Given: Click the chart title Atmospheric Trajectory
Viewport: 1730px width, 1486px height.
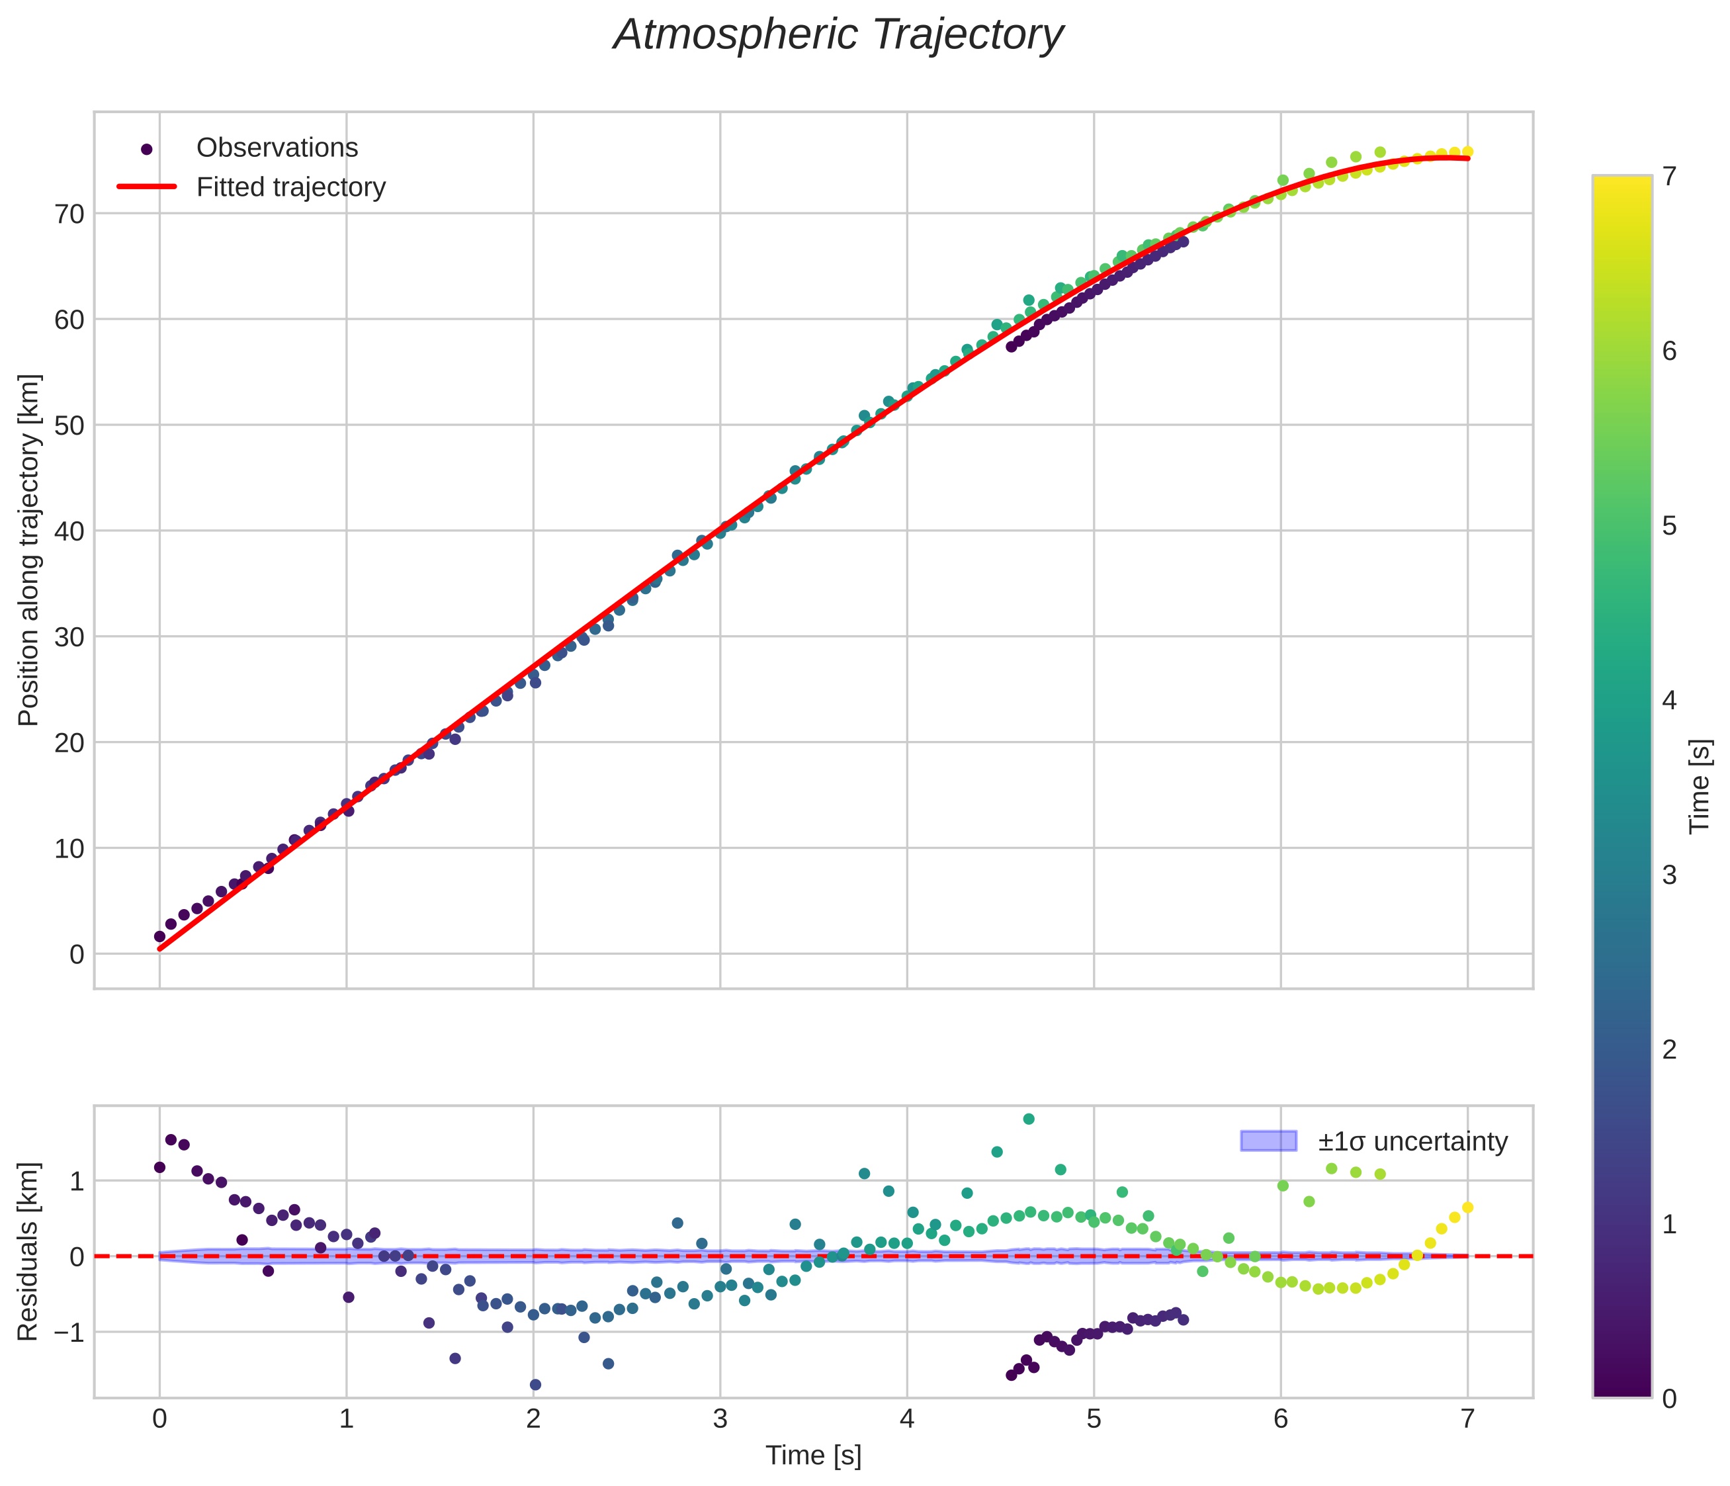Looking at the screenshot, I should pyautogui.click(x=838, y=35).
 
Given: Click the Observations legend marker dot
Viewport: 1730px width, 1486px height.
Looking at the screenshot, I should pyautogui.click(x=147, y=150).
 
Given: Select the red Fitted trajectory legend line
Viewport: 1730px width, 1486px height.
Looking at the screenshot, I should pyautogui.click(x=147, y=187).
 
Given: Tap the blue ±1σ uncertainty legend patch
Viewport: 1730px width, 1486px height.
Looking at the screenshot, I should pyautogui.click(x=1268, y=1141).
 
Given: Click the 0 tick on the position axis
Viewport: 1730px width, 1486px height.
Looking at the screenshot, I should pyautogui.click(x=77, y=954).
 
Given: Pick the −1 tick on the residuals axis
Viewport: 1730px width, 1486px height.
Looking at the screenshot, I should pyautogui.click(x=67, y=1332).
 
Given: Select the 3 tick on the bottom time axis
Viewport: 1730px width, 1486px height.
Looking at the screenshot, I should pyautogui.click(x=720, y=1419).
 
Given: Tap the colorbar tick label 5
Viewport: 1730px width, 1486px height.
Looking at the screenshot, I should pyautogui.click(x=1669, y=526).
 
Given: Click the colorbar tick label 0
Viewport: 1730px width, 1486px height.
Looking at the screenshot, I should pyautogui.click(x=1669, y=1399).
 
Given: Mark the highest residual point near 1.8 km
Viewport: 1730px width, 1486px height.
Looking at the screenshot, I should pyautogui.click(x=1029, y=1119).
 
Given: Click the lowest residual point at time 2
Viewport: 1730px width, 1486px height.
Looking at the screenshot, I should pyautogui.click(x=535, y=1384).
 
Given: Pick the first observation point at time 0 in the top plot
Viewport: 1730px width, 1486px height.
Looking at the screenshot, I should pyautogui.click(x=159, y=937).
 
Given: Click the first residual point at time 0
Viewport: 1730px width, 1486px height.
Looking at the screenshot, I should pyautogui.click(x=159, y=1167).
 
